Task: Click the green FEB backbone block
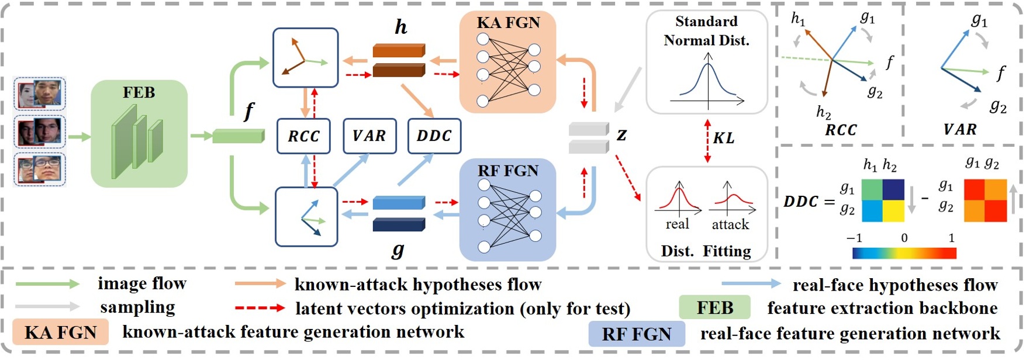point(139,134)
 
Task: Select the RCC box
point(303,136)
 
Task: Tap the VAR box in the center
point(369,136)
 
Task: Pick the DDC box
point(434,136)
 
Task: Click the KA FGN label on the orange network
point(508,23)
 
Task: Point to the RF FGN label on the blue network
point(507,171)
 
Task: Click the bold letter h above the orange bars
point(400,27)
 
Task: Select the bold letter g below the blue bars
point(398,250)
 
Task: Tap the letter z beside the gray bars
point(621,135)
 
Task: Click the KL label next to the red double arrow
point(724,138)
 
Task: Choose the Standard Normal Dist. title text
point(706,31)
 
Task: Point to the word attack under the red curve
point(730,224)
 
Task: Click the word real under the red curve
point(677,224)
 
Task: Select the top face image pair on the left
point(40,94)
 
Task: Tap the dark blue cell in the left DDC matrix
point(893,190)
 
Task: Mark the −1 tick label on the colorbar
point(854,238)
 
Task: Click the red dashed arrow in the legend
point(260,308)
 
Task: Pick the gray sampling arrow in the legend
point(47,306)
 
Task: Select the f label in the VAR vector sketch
point(1000,73)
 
